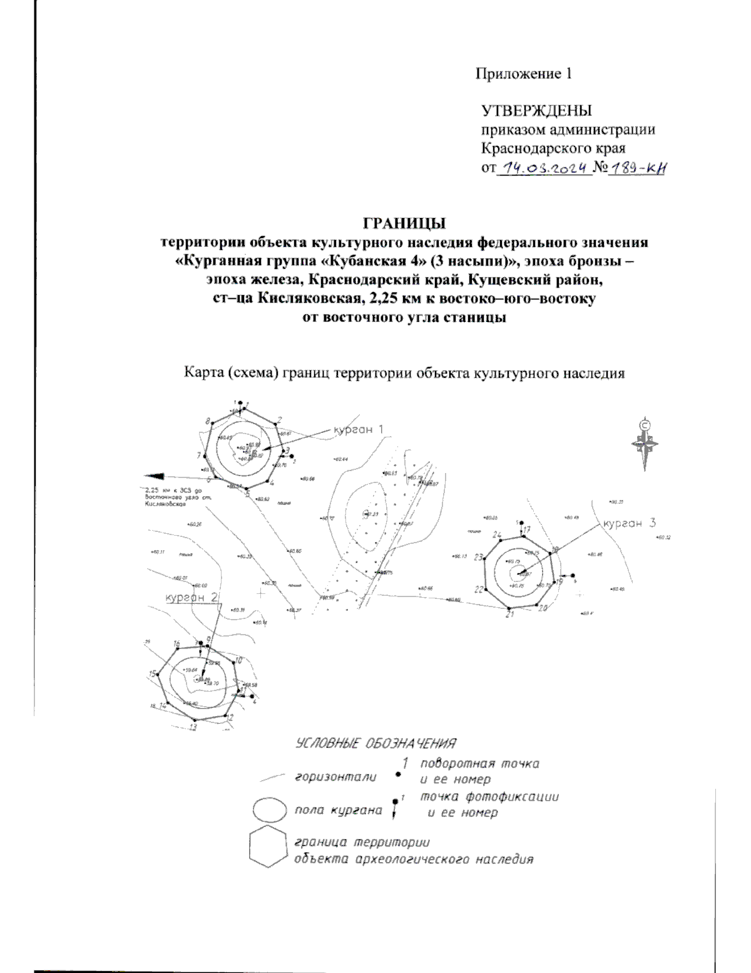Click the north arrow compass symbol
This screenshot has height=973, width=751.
[x=645, y=443]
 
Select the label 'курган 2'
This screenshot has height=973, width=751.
[x=192, y=597]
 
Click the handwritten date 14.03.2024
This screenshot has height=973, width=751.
[x=543, y=168]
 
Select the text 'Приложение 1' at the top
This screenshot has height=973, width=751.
[x=523, y=74]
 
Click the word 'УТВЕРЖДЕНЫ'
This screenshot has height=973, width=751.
[x=536, y=112]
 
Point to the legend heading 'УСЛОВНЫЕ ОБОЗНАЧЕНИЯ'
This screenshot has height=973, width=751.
[x=375, y=744]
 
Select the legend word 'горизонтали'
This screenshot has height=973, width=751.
[x=335, y=778]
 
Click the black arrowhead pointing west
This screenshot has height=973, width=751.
[x=154, y=476]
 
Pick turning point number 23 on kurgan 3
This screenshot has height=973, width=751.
[x=484, y=558]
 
